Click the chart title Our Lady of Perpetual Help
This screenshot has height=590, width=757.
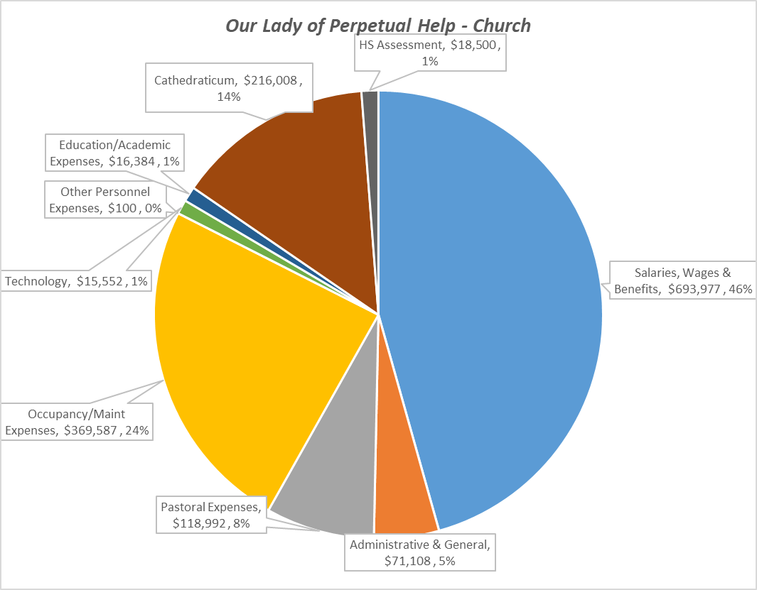377,26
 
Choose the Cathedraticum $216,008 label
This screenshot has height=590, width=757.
229,88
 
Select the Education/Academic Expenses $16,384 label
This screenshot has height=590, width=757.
114,153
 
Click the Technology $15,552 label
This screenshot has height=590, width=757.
76,282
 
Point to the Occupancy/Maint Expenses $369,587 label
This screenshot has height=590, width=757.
77,422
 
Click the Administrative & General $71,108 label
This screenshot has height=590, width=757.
420,552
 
